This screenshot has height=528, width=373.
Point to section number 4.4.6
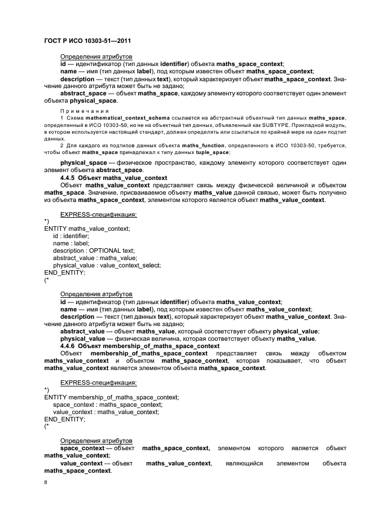69,346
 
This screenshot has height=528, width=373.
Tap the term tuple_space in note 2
212,152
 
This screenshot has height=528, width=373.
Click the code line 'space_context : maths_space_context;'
99,404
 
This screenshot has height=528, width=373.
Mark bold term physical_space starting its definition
80,162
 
